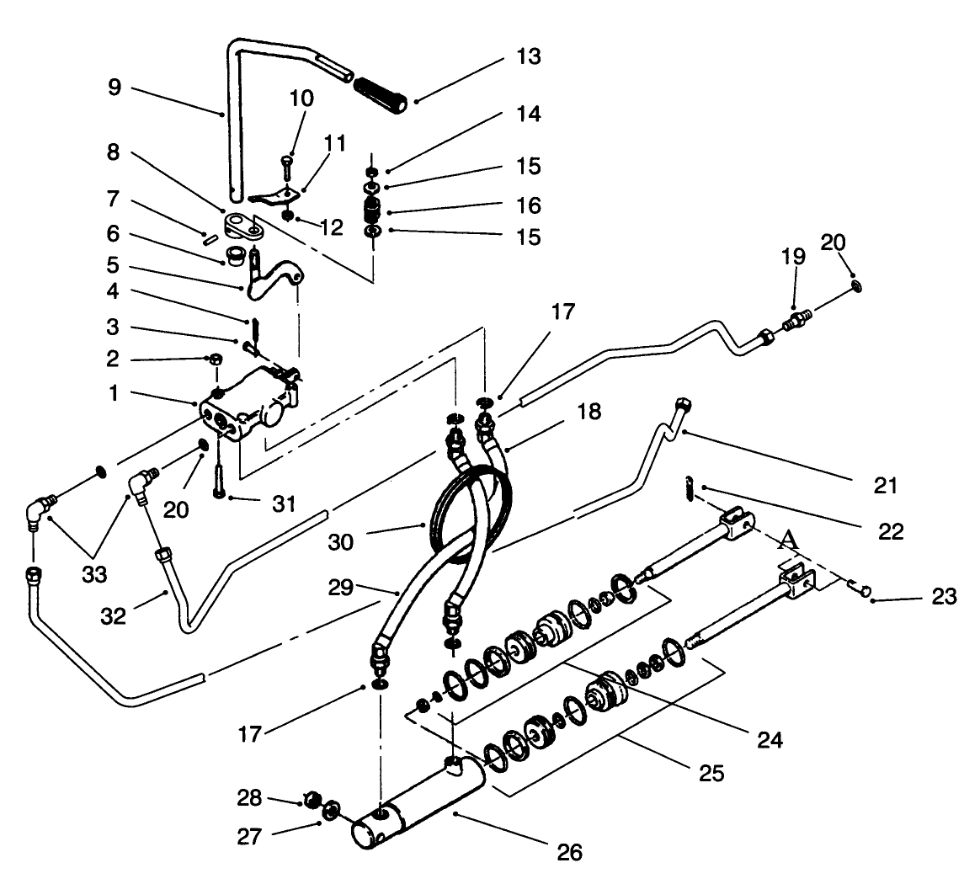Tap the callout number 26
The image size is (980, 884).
[570, 852]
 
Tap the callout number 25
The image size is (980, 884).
[711, 772]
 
